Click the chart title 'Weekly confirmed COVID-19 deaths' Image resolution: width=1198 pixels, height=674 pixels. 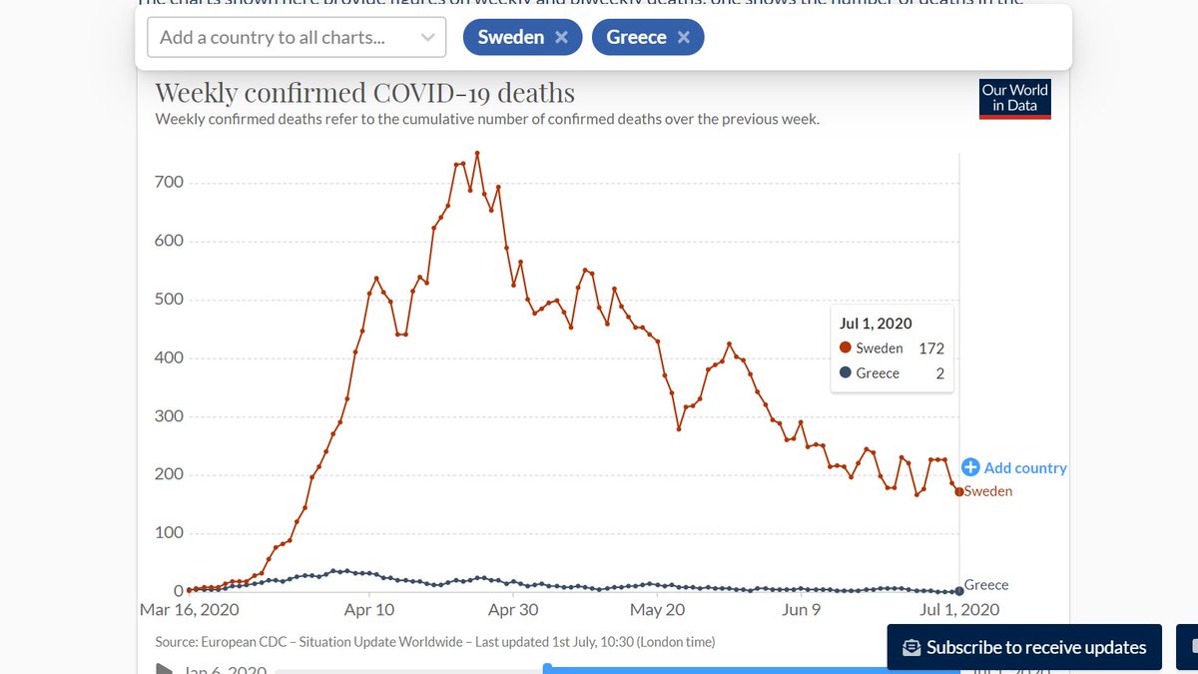pos(364,94)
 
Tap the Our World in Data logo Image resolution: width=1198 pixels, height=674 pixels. pos(1014,98)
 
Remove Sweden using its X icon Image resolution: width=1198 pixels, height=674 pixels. pos(562,38)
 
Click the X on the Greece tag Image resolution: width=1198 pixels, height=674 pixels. pos(684,38)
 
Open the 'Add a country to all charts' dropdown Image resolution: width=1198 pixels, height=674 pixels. pos(297,38)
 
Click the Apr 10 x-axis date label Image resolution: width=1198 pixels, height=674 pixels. pos(370,610)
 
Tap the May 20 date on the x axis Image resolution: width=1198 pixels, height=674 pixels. pos(659,610)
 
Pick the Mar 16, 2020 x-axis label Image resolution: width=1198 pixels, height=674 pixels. pos(190,610)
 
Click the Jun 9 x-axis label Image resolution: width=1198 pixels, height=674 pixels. pos(801,610)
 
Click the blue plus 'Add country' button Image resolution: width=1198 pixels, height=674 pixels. pos(1014,467)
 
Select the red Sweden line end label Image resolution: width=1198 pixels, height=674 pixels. pos(988,491)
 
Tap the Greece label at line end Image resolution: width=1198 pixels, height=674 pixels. pos(986,585)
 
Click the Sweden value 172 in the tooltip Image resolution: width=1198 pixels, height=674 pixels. pos(931,348)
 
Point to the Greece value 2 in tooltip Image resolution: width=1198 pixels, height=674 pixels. pos(939,373)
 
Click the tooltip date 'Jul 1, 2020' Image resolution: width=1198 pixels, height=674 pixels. pos(876,324)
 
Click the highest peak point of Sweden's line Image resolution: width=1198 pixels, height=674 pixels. pos(477,153)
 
